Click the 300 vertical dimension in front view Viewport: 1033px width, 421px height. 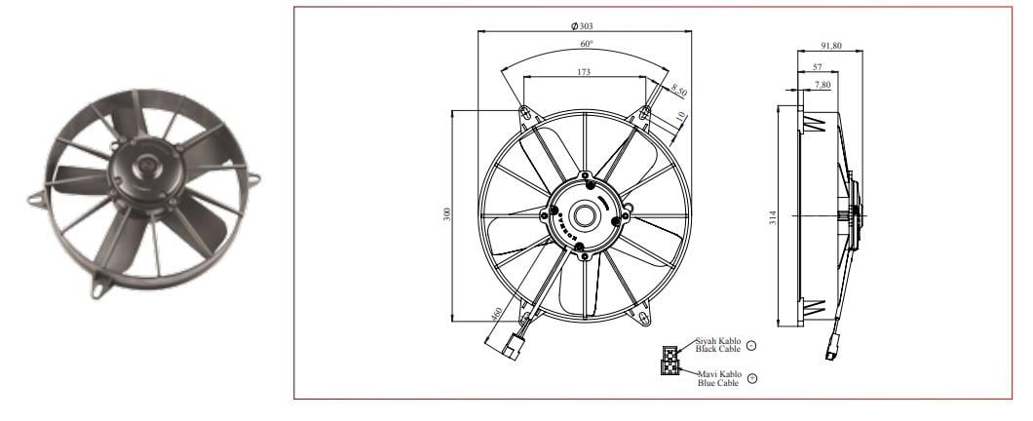tap(447, 214)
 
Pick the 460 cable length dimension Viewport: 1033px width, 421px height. tap(497, 317)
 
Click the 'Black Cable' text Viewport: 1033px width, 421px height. tap(717, 348)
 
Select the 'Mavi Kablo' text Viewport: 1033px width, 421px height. tap(718, 373)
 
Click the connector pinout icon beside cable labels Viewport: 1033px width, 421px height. tap(670, 360)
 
